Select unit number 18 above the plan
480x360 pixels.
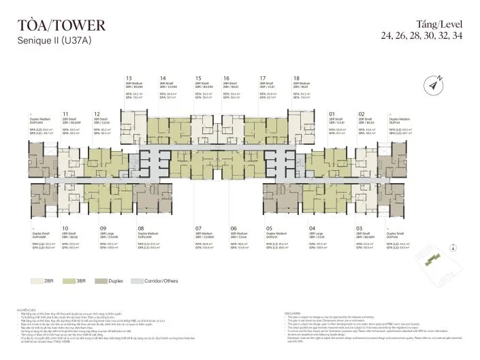(296, 78)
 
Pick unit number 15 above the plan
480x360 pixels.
(197, 78)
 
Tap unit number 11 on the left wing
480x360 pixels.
(65, 114)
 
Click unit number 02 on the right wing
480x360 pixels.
(362, 114)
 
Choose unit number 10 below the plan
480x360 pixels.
(65, 229)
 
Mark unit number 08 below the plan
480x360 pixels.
(141, 229)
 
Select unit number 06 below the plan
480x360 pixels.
(233, 229)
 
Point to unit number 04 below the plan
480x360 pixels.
(312, 229)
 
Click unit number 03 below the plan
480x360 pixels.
(359, 229)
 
